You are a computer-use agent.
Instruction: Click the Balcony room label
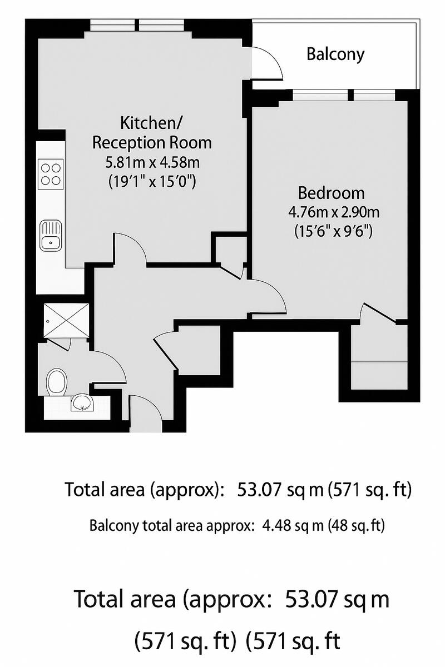[335, 54]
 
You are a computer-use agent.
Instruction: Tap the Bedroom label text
[332, 193]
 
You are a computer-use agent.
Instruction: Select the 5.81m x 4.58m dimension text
[152, 163]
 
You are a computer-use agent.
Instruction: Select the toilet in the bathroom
[56, 381]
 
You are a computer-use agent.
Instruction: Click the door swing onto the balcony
[269, 62]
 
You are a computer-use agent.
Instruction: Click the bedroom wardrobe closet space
[378, 361]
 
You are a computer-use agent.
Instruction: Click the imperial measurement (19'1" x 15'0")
[152, 181]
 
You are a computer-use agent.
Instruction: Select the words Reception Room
[152, 142]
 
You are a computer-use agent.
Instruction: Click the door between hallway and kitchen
[130, 247]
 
